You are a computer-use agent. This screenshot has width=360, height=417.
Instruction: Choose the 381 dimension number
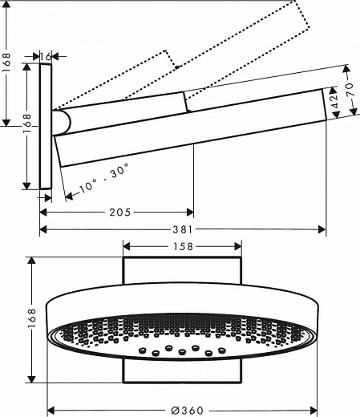click(184, 229)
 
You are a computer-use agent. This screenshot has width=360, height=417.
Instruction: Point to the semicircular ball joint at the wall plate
click(63, 122)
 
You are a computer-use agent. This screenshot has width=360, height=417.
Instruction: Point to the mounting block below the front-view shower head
click(182, 372)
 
